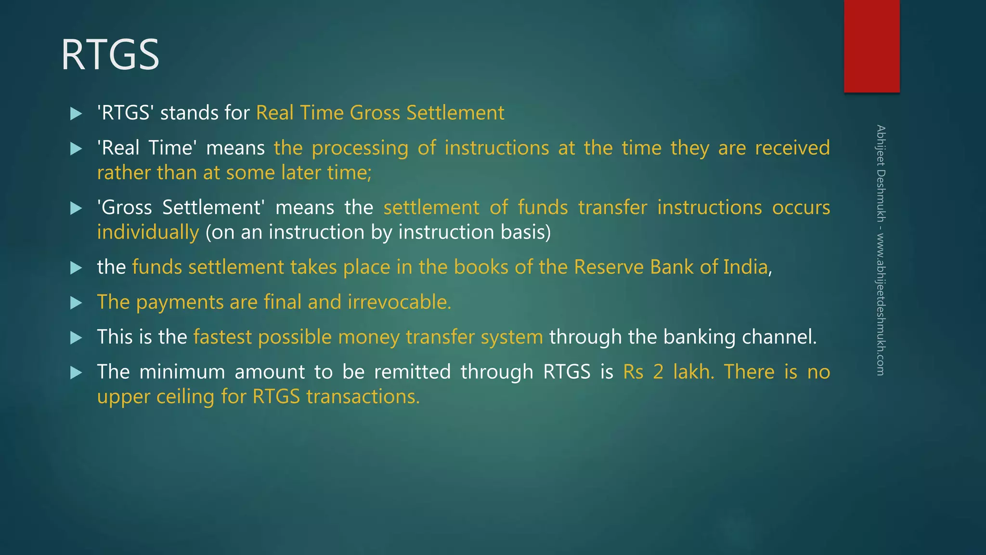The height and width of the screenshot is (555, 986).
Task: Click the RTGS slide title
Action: pos(110,55)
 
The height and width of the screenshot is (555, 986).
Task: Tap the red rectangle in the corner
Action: pos(871,46)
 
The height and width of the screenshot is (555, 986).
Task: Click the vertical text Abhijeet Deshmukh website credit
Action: pos(881,250)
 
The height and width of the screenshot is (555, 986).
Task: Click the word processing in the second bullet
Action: pos(360,148)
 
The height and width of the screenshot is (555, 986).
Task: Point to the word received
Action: pos(792,148)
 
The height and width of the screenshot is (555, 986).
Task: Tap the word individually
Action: pos(148,233)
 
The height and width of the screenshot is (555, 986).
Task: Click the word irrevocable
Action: pos(399,302)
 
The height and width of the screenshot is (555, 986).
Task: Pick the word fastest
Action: pos(222,337)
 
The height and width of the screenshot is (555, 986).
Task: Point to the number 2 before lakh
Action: pos(658,372)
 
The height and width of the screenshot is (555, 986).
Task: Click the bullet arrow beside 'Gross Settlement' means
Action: pos(76,209)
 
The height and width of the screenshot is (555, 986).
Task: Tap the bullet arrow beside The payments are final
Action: pos(76,303)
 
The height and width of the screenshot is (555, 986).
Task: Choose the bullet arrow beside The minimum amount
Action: pos(76,373)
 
